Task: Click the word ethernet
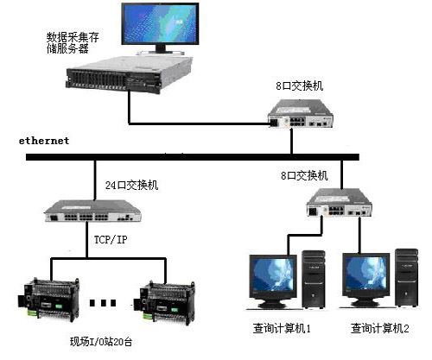tap(44, 141)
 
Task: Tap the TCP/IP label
tap(111, 239)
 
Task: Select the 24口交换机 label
tap(131, 185)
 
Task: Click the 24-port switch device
tap(92, 212)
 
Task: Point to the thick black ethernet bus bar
tap(193, 157)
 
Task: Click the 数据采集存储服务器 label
tap(73, 43)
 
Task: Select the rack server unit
tap(129, 75)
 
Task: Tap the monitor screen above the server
tap(160, 24)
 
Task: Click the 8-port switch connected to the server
tap(301, 113)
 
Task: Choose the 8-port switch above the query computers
tap(339, 203)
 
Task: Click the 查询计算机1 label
tap(282, 328)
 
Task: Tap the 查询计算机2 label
tap(379, 328)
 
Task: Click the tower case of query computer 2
tap(406, 277)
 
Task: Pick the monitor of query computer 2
tap(366, 279)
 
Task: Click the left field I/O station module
tap(48, 300)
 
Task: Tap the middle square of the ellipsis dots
tap(103, 303)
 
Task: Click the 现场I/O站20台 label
tap(101, 342)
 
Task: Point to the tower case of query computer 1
tap(314, 279)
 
